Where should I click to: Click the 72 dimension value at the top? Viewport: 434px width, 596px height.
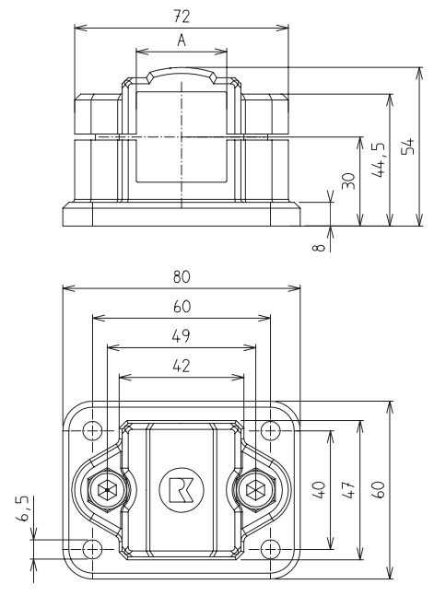[182, 16]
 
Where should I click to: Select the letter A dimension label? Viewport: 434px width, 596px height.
[182, 41]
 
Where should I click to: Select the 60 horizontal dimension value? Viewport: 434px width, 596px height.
[182, 307]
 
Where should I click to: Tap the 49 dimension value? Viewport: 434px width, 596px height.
[182, 337]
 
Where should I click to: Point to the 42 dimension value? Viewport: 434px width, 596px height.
[182, 366]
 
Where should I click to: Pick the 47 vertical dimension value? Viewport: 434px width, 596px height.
[350, 489]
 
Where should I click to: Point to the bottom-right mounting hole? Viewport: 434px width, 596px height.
[270, 549]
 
